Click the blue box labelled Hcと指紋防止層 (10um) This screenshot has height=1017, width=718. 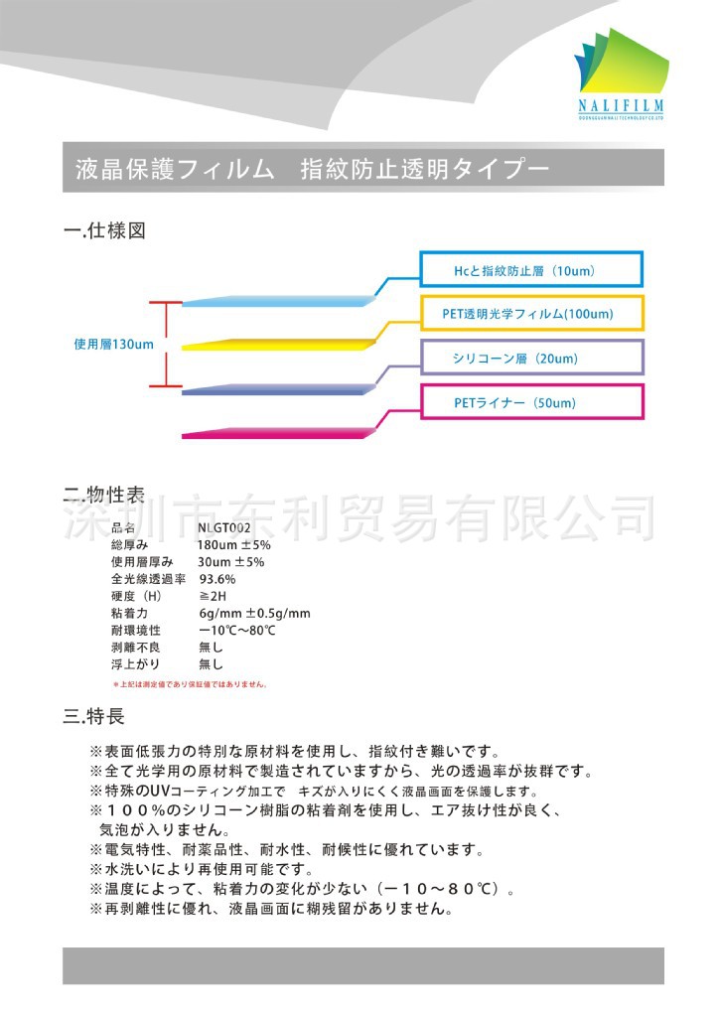pos(531,270)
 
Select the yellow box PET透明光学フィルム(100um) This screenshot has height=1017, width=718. pos(531,314)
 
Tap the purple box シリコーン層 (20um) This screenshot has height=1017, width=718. pos(531,359)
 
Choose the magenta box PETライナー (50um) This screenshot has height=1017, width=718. pos(531,403)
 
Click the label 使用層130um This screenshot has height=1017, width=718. pos(114,345)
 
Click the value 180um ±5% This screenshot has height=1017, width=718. pos(233,544)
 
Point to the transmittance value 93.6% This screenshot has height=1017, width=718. pos(217,579)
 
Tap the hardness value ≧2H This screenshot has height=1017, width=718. pos(213,596)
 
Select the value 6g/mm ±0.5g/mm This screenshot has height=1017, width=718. pos(254,613)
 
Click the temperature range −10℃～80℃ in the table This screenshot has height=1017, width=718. pos(237,631)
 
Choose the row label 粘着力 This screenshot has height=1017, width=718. pos(130,613)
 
